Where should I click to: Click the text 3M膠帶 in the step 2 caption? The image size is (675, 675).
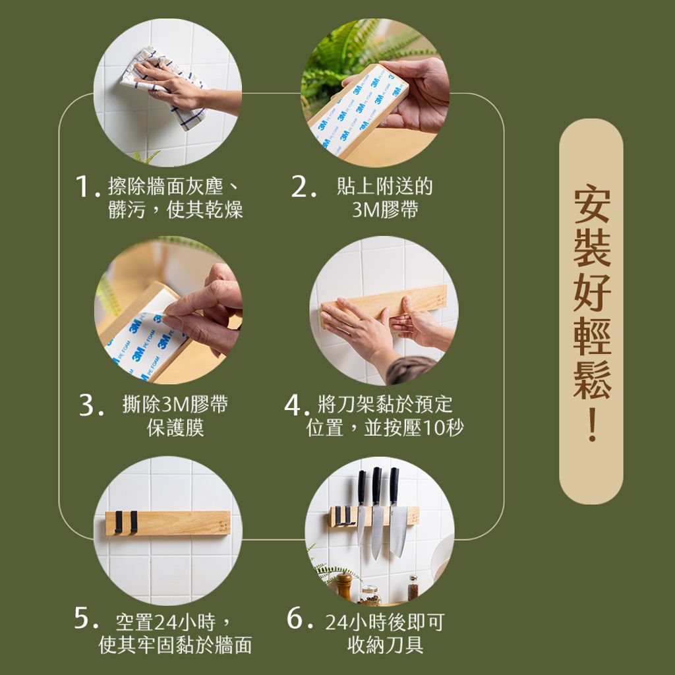[384, 210]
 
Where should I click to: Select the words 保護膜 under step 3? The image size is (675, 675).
[175, 427]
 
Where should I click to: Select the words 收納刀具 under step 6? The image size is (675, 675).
[385, 644]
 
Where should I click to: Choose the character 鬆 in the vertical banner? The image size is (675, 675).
[591, 381]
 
